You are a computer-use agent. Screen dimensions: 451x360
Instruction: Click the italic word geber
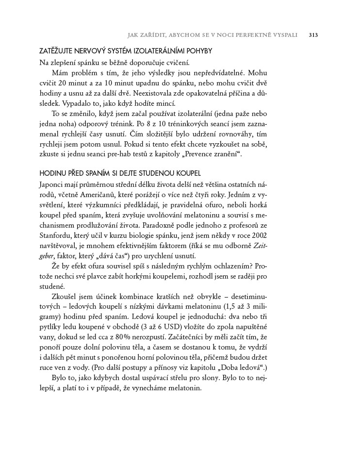pyautogui.click(x=48, y=257)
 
